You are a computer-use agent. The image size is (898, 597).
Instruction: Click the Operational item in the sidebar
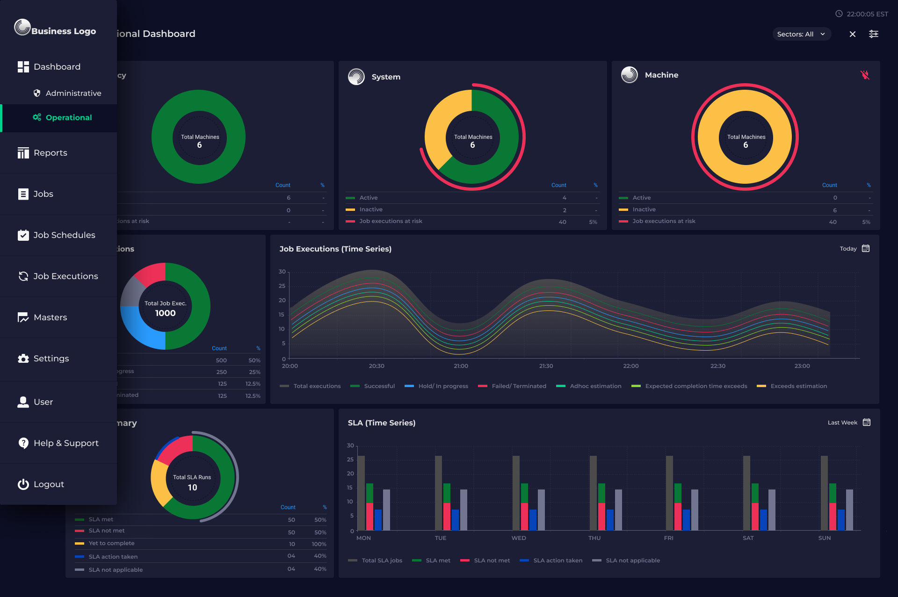pos(68,118)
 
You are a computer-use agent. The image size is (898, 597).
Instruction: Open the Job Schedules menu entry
pos(64,235)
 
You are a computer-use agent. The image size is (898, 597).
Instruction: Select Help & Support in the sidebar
pos(66,443)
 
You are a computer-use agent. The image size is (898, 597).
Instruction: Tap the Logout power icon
pos(23,484)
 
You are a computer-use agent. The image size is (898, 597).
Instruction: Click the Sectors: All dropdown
pos(801,34)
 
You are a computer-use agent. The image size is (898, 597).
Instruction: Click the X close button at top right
pos(852,34)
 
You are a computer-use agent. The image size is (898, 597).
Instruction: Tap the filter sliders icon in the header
pos(873,34)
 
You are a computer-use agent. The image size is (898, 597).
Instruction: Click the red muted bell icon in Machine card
pos(865,75)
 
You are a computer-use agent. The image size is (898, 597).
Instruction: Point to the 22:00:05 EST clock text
pos(867,14)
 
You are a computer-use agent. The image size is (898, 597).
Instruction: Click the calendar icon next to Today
pos(866,249)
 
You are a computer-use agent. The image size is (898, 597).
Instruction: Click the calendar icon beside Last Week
pos(866,423)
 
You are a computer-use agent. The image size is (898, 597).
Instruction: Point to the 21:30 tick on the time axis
pos(546,366)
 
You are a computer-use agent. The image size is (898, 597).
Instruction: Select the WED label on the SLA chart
pos(518,538)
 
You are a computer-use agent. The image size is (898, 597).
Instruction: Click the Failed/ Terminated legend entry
pos(518,386)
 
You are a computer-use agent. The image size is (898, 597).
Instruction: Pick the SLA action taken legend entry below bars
pos(557,561)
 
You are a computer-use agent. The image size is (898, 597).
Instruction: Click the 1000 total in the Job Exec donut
pos(165,313)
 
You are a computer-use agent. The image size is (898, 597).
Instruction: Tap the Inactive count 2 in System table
pos(564,210)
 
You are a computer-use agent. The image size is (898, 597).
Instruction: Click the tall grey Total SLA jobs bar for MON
pos(361,493)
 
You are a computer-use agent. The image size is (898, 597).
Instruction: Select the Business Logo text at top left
pos(64,31)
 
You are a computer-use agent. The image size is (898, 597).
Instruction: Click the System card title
pos(386,77)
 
